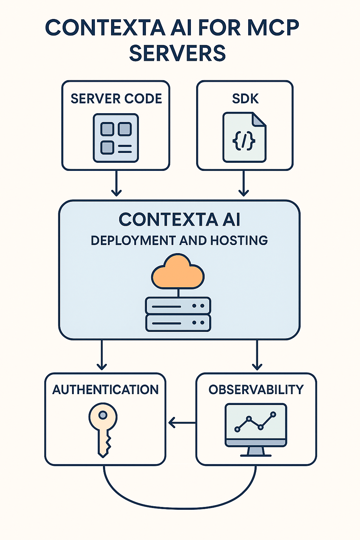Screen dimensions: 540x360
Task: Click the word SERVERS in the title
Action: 177,53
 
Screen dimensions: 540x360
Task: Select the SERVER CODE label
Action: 116,99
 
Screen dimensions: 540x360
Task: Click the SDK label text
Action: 245,99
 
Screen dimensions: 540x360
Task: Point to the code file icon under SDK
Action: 244,137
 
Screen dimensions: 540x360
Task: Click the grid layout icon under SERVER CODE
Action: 116,138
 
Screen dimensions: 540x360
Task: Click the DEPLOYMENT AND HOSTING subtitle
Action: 179,241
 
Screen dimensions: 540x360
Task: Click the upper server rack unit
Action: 178,306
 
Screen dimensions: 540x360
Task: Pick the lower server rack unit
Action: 178,323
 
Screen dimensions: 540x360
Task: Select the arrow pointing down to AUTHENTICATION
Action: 102,355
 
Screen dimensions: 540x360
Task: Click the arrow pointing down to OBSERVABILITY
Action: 257,355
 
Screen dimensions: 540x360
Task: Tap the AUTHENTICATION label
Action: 105,390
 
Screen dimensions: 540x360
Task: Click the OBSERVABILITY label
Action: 256,390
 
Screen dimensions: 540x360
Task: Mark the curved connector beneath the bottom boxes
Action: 179,508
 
